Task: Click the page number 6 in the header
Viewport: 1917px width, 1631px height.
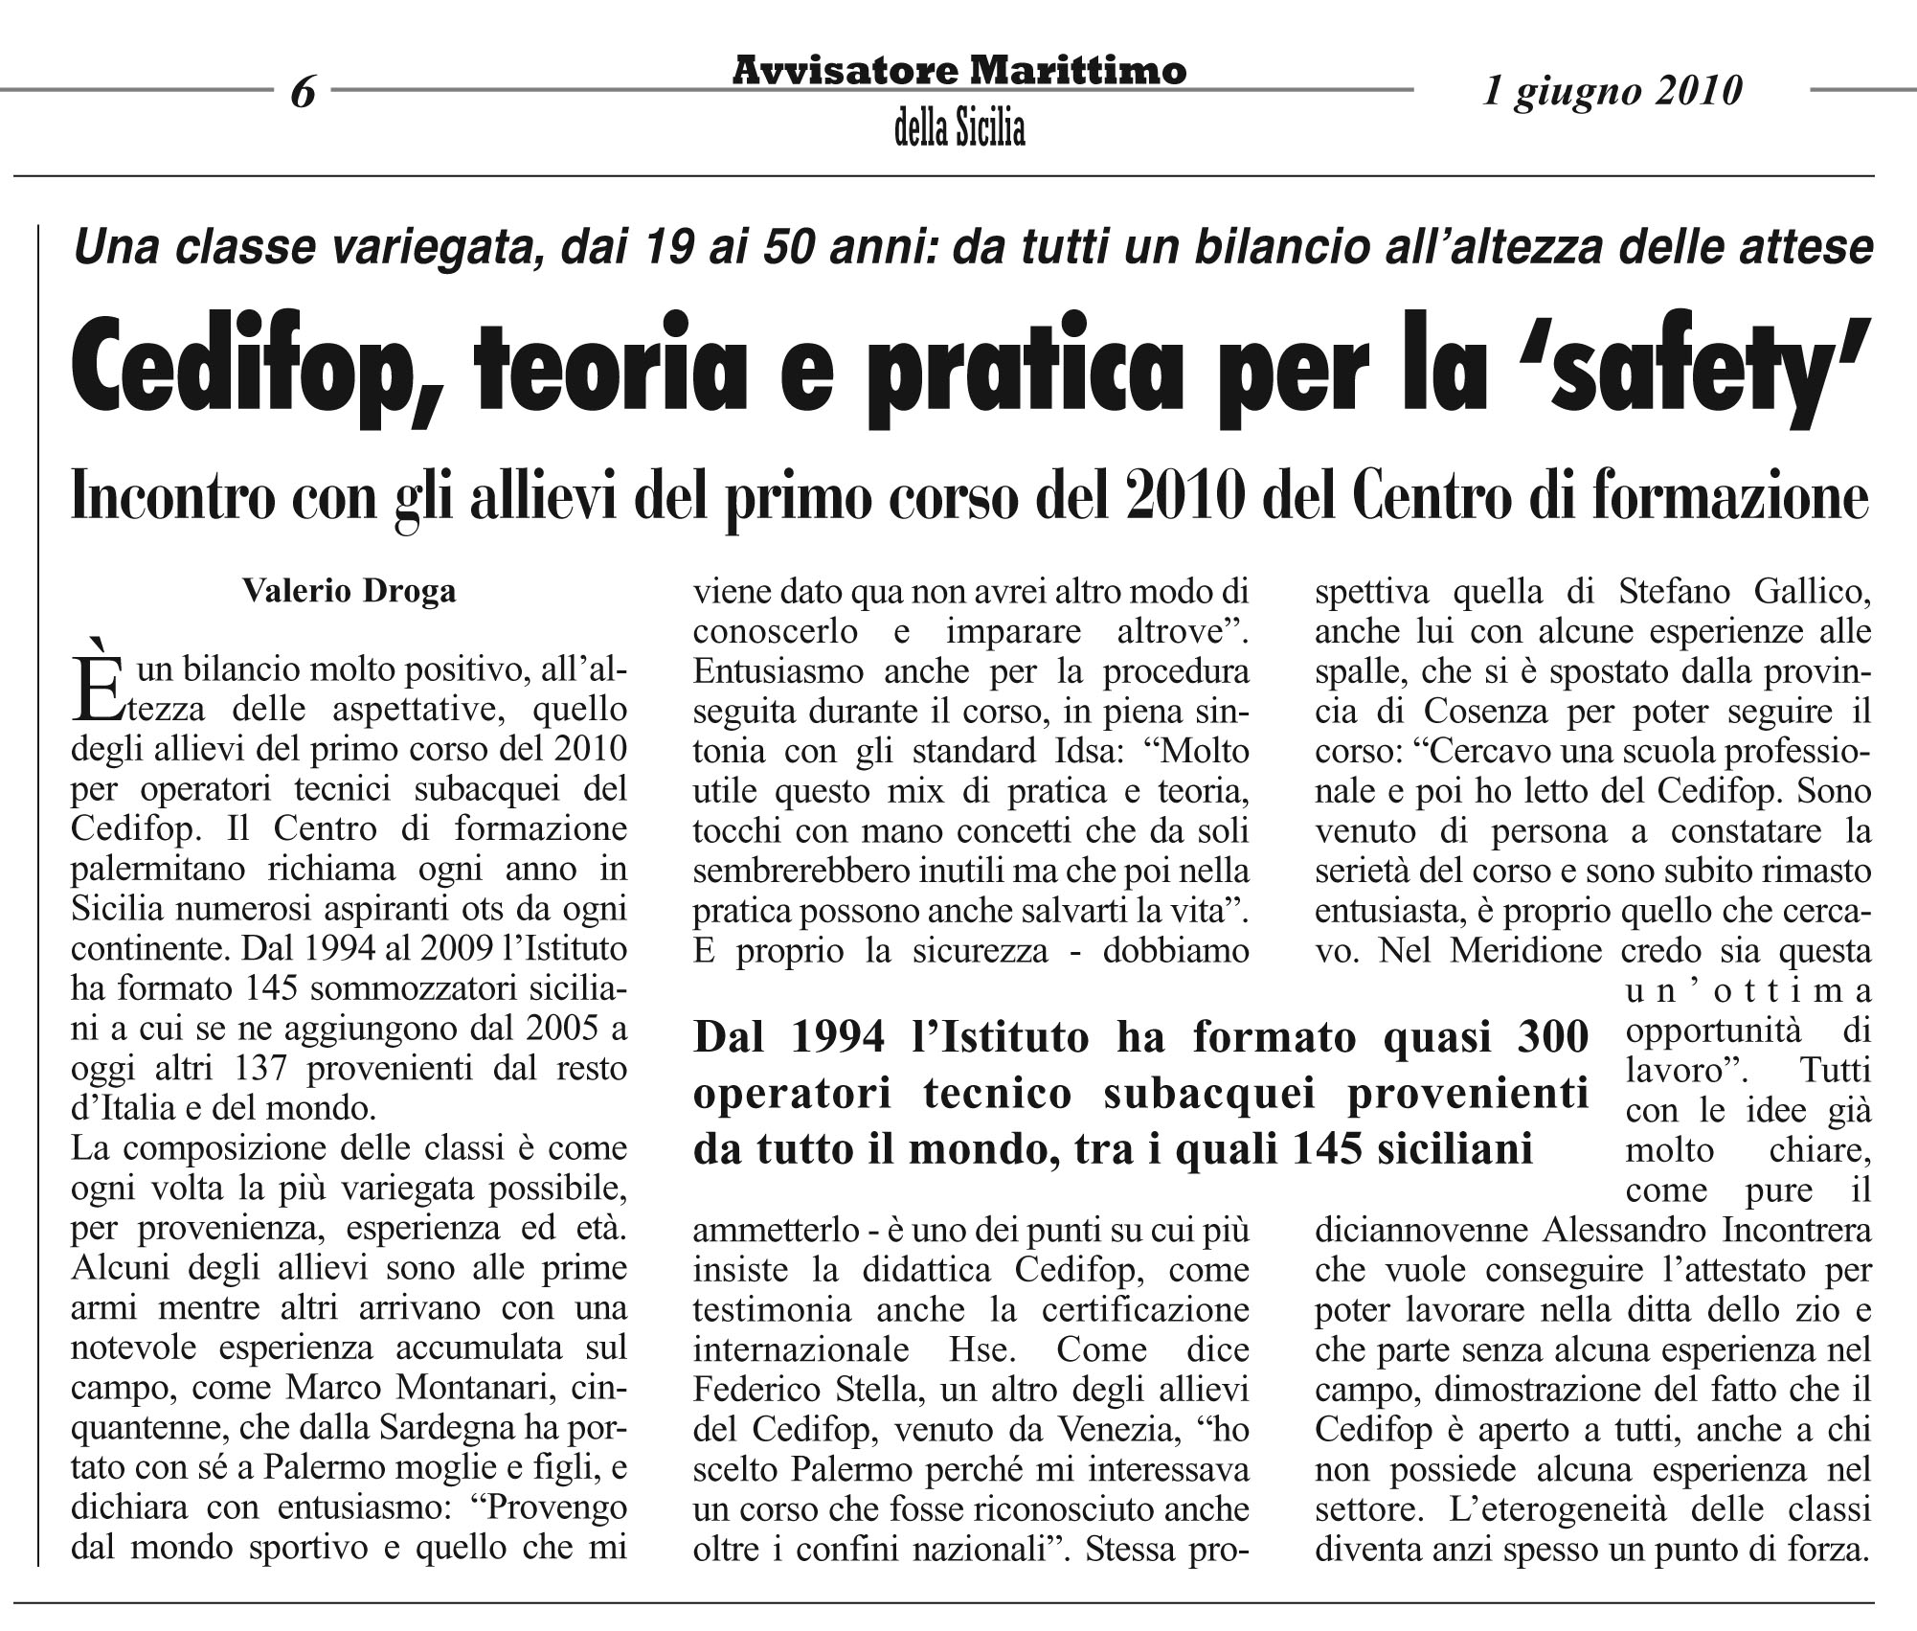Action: coord(303,93)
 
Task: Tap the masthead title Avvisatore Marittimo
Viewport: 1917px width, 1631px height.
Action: coord(959,71)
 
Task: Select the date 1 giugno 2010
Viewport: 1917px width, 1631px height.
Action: coord(1613,91)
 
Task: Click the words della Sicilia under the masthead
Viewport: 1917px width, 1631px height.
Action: coord(959,128)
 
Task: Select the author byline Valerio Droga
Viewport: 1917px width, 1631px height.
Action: coord(350,591)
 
